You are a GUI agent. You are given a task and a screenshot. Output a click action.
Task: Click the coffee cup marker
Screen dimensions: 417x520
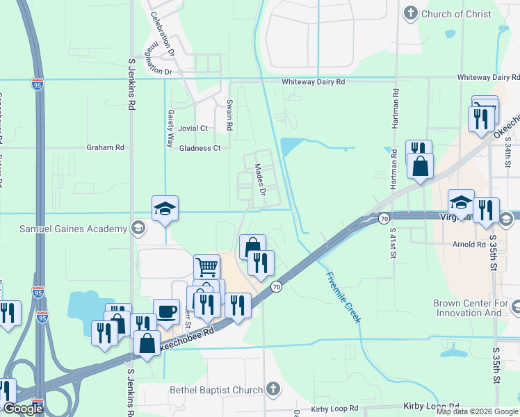pos(165,311)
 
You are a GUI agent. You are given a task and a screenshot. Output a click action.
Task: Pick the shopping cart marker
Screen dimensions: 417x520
pos(206,266)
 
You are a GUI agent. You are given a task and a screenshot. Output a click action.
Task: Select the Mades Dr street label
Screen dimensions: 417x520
pos(261,179)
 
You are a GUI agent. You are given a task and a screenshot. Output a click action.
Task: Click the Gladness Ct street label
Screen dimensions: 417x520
pos(200,148)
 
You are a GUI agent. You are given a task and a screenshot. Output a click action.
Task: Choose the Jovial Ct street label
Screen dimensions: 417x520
pos(193,129)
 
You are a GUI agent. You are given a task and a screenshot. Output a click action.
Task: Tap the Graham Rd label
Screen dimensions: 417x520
pos(105,147)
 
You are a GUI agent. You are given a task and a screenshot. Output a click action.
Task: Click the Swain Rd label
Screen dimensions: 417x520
pos(229,115)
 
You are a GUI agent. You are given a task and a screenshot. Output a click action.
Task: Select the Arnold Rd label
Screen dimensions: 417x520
pos(469,245)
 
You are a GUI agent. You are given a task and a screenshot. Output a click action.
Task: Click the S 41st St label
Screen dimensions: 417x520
pos(393,243)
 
